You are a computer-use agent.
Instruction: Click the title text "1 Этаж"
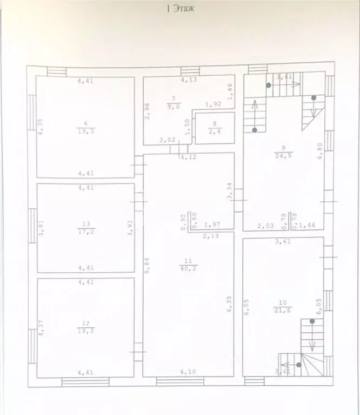point(180,8)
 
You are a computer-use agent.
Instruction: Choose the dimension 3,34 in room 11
point(229,191)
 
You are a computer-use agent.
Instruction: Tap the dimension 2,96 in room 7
point(146,111)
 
